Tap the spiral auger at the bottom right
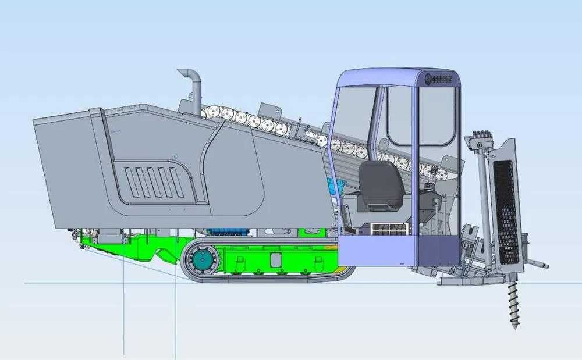coord(514,305)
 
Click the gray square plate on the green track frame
coord(275,259)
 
